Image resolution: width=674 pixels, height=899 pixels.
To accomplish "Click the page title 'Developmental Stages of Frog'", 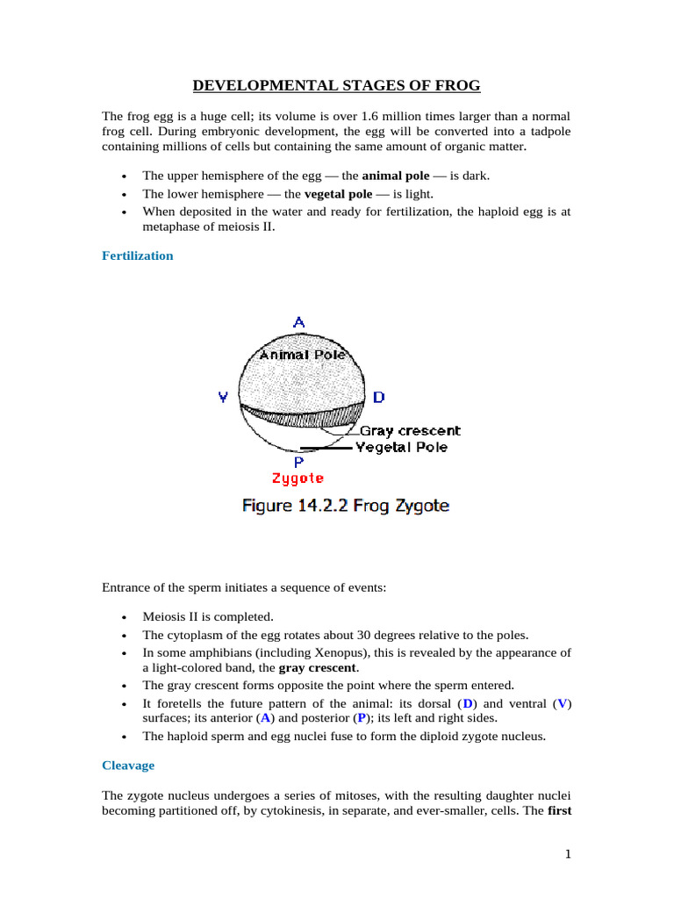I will [336, 85].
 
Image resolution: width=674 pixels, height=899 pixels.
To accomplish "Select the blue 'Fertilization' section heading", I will [138, 255].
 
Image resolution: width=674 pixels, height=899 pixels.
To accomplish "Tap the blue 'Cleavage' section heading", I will [128, 766].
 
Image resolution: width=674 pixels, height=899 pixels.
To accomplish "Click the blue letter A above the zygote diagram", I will [298, 322].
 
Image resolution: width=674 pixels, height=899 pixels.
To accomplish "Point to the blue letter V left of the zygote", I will [224, 397].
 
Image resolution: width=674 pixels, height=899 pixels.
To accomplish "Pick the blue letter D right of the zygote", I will [378, 397].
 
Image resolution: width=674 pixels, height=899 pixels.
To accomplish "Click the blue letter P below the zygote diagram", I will [298, 462].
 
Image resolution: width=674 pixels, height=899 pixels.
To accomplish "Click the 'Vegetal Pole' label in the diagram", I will [401, 447].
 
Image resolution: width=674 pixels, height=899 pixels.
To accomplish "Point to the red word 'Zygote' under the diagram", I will [298, 478].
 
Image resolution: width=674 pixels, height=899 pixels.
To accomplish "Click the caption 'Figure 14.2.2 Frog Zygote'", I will [346, 506].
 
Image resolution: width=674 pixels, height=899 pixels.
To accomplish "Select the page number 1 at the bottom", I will [568, 856].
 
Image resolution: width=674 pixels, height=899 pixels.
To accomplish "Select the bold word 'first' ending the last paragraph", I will [559, 810].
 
